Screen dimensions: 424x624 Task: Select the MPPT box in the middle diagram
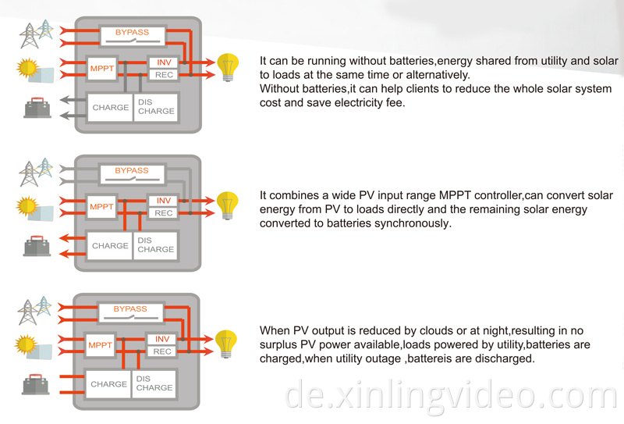click(101, 207)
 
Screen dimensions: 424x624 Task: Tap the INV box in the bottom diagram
click(162, 340)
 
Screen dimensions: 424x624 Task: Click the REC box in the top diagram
click(164, 75)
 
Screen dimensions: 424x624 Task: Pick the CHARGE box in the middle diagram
click(110, 246)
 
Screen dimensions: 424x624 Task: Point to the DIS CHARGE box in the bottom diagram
click(154, 383)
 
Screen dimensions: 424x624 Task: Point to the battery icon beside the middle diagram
click(36, 245)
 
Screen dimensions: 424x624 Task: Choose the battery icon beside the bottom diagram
click(36, 384)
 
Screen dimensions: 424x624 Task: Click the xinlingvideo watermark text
click(452, 394)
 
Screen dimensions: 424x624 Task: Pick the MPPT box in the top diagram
click(101, 68)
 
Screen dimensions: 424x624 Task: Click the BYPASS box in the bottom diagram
click(130, 310)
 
